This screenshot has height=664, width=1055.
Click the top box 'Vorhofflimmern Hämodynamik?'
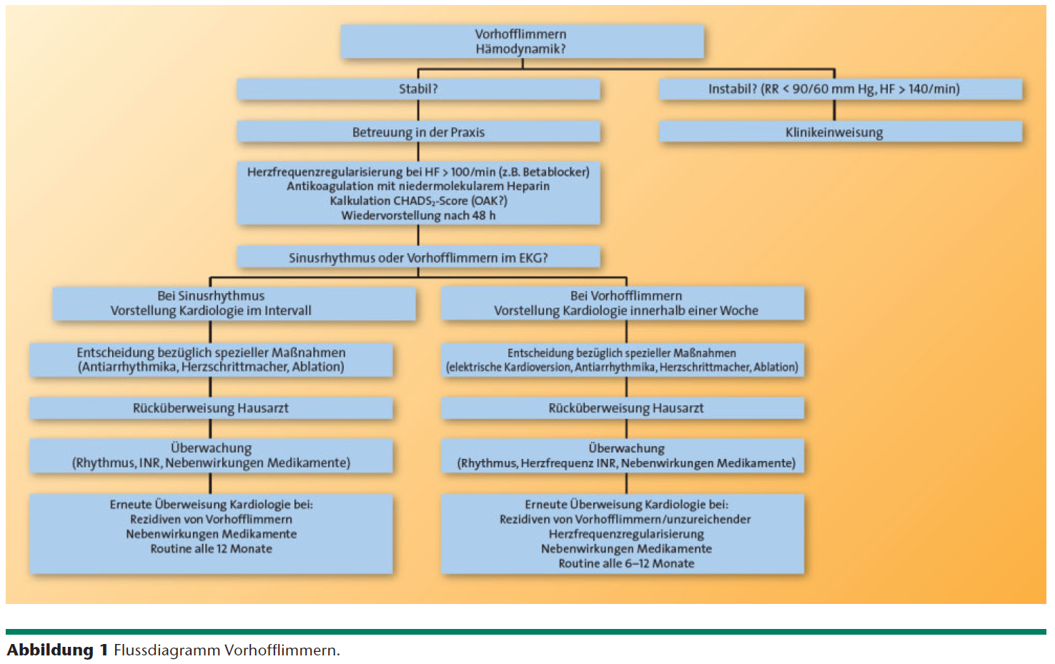(522, 41)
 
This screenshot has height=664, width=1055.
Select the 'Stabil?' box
(418, 89)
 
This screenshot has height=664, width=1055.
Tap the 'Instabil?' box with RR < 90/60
(833, 89)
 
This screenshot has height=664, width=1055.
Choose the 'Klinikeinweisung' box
(833, 132)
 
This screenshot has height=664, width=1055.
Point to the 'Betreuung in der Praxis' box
(418, 132)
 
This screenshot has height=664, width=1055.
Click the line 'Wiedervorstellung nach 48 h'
(418, 215)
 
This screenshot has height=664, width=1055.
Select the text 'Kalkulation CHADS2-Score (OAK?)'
(418, 201)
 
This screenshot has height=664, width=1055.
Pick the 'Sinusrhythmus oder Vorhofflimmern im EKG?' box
(418, 257)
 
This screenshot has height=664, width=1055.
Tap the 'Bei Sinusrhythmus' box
(211, 303)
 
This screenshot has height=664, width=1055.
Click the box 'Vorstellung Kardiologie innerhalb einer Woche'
(625, 311)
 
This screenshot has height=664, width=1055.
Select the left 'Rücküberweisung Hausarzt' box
(211, 408)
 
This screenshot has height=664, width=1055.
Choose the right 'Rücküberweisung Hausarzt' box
(625, 408)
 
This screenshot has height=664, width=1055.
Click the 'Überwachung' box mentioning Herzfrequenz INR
(625, 456)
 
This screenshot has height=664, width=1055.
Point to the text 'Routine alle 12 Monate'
(211, 549)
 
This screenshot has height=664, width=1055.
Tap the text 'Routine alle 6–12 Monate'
(625, 563)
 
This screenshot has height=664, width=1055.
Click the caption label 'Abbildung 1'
(57, 650)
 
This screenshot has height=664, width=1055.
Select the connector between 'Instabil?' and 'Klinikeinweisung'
(833, 110)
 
